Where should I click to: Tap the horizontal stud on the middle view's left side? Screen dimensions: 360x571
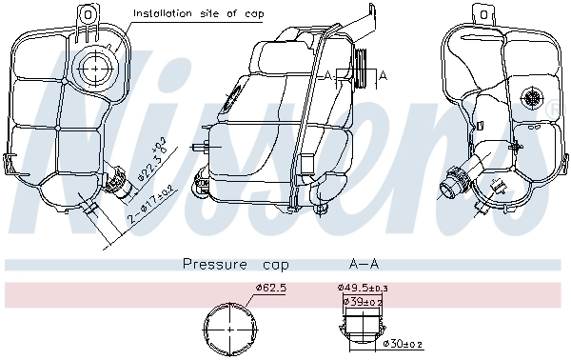point(199,148)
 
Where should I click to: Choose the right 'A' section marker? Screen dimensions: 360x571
point(383,74)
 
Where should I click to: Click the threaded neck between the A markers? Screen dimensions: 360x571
point(358,70)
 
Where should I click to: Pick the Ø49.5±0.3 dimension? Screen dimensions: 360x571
point(362,288)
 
